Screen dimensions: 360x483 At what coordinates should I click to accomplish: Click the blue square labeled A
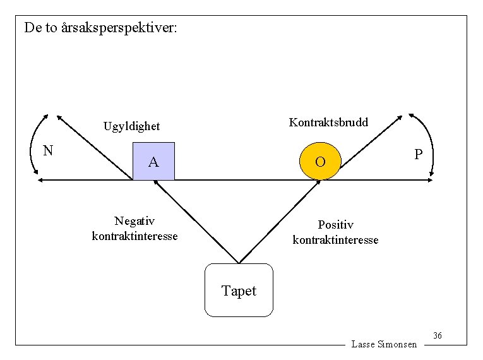coord(153,162)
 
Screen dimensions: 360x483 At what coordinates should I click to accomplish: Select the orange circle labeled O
coord(320,162)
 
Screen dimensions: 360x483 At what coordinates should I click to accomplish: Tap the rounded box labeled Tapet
coord(239,291)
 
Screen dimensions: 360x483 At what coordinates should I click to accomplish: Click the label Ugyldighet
coord(131,126)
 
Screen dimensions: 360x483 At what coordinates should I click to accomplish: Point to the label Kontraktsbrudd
coord(328,122)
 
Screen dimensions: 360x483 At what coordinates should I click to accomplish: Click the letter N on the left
coord(47,150)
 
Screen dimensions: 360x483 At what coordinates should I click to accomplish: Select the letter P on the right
coord(418,155)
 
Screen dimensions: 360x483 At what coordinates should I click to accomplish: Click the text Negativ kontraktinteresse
coord(134,229)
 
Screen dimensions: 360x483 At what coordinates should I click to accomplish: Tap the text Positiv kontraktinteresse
coord(335,232)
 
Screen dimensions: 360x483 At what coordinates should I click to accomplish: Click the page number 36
coord(438,335)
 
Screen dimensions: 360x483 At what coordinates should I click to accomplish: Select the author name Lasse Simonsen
coord(384,344)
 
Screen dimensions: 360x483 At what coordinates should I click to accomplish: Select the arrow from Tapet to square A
coord(196,221)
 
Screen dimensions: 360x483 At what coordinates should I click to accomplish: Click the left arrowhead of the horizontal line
coord(40,181)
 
